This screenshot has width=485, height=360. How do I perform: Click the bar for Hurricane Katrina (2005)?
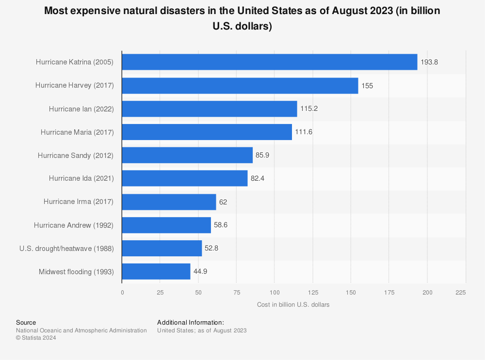(269, 62)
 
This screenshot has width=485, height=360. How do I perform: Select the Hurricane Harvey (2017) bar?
(240, 85)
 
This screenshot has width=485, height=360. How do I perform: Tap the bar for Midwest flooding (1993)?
(156, 272)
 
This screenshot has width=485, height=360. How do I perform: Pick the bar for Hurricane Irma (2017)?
(169, 202)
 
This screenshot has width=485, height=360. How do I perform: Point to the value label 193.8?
(429, 62)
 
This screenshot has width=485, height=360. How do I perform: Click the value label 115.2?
(309, 109)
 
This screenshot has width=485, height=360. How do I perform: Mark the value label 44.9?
(200, 272)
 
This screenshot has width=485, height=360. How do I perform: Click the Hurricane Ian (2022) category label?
(81, 109)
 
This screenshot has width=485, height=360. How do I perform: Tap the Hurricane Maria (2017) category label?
(77, 132)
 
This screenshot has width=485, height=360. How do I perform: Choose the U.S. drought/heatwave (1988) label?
(66, 249)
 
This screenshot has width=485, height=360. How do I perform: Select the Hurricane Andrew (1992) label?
(74, 225)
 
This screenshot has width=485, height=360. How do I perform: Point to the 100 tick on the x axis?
(274, 292)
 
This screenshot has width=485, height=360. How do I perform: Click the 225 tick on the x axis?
(461, 292)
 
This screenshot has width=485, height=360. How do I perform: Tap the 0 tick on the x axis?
(122, 292)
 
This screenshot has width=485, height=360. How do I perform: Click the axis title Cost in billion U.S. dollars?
(293, 305)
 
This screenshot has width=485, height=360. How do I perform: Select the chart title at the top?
(242, 18)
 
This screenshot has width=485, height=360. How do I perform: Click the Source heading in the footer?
(26, 322)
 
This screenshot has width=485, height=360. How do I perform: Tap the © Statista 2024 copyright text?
(36, 338)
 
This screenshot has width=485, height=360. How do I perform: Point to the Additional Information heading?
(190, 322)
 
